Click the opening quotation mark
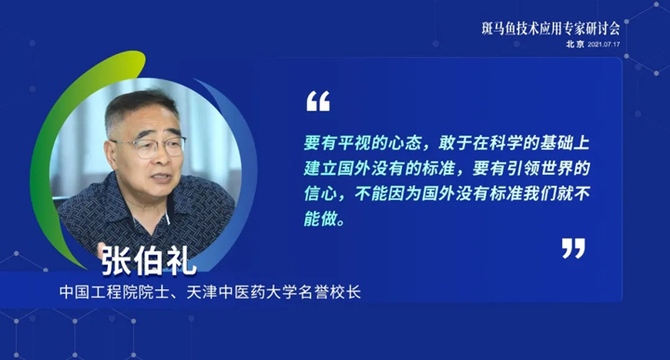point(318,100)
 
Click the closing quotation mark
point(573,248)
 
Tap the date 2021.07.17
point(603,45)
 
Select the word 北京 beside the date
point(575,44)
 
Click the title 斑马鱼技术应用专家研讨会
point(550,29)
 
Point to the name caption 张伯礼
point(149,260)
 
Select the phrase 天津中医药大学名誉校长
point(274,292)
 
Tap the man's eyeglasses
point(152,146)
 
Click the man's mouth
point(162,178)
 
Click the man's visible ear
point(111,155)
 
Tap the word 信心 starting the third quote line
point(320,193)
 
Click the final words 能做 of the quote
point(320,219)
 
